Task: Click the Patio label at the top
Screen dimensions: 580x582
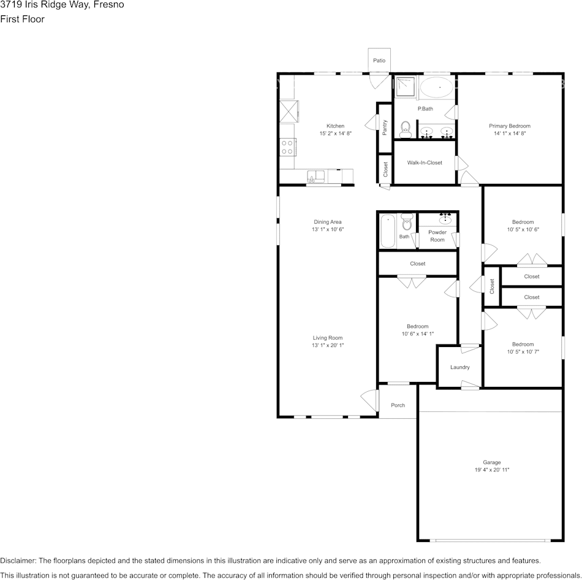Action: pyautogui.click(x=379, y=61)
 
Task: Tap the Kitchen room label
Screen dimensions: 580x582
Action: pyautogui.click(x=335, y=126)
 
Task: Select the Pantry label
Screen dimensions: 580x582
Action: pyautogui.click(x=385, y=127)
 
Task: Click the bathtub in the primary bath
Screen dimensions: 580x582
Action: pyautogui.click(x=437, y=88)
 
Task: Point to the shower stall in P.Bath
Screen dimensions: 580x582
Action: pyautogui.click(x=404, y=87)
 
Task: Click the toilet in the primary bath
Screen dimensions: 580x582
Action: pyautogui.click(x=405, y=129)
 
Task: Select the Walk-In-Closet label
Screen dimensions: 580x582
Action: pyautogui.click(x=425, y=162)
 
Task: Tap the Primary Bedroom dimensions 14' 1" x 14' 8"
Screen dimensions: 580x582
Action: pyautogui.click(x=509, y=133)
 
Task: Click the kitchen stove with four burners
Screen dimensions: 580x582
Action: pyautogui.click(x=287, y=147)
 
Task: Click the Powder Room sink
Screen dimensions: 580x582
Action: pyautogui.click(x=446, y=219)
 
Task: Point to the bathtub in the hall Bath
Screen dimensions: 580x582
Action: pyautogui.click(x=388, y=231)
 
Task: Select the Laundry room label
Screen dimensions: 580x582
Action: pyautogui.click(x=459, y=367)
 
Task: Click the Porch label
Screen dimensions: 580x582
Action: pyautogui.click(x=398, y=405)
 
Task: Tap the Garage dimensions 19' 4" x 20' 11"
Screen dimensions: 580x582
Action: pyautogui.click(x=491, y=470)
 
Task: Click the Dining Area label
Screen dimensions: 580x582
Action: pyautogui.click(x=328, y=222)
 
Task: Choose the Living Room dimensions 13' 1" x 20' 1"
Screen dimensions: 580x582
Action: pyautogui.click(x=328, y=345)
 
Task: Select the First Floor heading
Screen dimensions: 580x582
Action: pyautogui.click(x=22, y=19)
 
